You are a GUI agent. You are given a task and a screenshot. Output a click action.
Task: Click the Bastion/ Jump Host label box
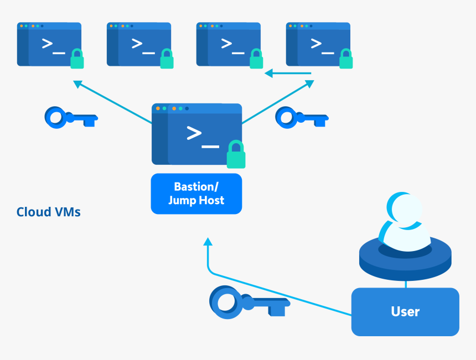pyautogui.click(x=196, y=194)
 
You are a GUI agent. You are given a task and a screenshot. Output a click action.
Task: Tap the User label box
pyautogui.click(x=405, y=311)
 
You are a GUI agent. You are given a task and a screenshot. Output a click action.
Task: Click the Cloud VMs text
pyautogui.click(x=49, y=212)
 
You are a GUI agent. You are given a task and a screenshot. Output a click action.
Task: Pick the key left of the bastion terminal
pyautogui.click(x=70, y=117)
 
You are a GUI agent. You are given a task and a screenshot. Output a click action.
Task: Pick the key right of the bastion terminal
pyautogui.click(x=302, y=117)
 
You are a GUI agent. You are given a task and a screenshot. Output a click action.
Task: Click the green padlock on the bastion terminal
pyautogui.click(x=236, y=155)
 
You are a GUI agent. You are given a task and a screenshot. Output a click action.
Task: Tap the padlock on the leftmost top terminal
pyautogui.click(x=77, y=59)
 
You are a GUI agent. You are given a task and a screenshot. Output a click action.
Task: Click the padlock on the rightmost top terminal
pyautogui.click(x=346, y=59)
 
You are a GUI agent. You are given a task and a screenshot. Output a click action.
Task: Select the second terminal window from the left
pyautogui.click(x=138, y=44)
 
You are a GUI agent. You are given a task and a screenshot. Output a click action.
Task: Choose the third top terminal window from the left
pyautogui.click(x=228, y=44)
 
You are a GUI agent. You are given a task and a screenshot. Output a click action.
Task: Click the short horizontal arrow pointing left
pyautogui.click(x=287, y=73)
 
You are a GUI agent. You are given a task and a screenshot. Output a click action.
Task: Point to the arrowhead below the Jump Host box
pyautogui.click(x=208, y=242)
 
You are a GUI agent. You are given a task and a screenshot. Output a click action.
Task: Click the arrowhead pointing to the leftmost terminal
pyautogui.click(x=78, y=84)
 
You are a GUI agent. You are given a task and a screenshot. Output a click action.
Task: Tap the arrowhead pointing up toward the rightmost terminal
pyautogui.click(x=309, y=84)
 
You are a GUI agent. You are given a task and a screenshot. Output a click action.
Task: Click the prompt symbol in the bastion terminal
pyautogui.click(x=203, y=136)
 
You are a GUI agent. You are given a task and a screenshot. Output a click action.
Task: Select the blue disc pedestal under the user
pyautogui.click(x=405, y=263)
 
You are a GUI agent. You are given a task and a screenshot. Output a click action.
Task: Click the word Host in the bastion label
pyautogui.click(x=211, y=200)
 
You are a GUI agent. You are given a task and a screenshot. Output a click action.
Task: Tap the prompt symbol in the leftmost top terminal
pyautogui.click(x=53, y=44)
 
